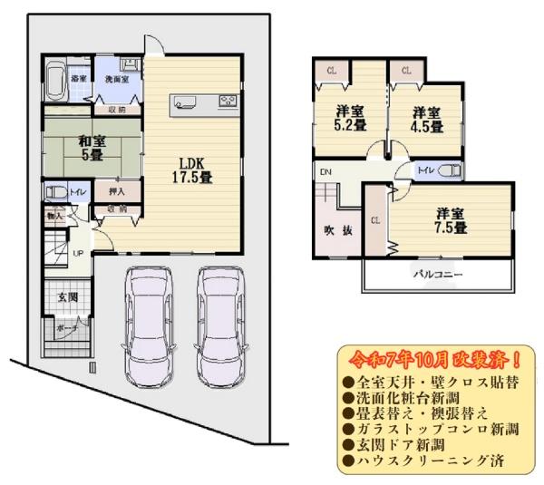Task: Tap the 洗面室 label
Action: (x=117, y=80)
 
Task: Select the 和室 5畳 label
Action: (x=88, y=147)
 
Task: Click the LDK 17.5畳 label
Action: (x=192, y=170)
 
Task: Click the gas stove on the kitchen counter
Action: (x=227, y=101)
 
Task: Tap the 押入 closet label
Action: (x=116, y=192)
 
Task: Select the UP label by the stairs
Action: (x=78, y=252)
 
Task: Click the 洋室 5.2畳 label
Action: (x=347, y=119)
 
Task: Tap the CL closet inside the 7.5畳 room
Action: (x=375, y=220)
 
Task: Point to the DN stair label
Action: (x=325, y=171)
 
